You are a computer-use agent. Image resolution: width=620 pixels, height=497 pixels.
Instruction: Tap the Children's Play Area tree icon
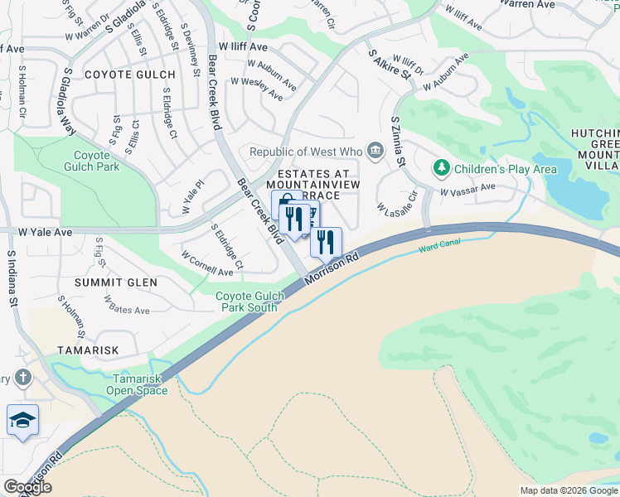442,169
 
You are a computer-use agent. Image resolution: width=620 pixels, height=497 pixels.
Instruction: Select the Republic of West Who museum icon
375,151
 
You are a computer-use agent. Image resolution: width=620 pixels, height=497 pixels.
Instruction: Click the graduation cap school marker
22,421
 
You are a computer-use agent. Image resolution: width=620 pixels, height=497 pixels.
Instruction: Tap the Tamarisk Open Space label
136,384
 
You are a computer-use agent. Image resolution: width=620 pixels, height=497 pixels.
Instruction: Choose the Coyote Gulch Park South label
246,302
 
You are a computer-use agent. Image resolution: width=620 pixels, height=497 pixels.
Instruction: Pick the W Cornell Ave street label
207,264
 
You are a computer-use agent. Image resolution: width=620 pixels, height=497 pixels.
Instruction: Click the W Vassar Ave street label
467,190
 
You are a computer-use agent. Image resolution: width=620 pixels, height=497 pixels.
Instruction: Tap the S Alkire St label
390,63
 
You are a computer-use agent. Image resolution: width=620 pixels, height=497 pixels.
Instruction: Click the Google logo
27,487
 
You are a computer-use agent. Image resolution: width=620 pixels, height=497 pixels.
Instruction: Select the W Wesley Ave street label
257,89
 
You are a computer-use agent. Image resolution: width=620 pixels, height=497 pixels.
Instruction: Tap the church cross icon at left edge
22,379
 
